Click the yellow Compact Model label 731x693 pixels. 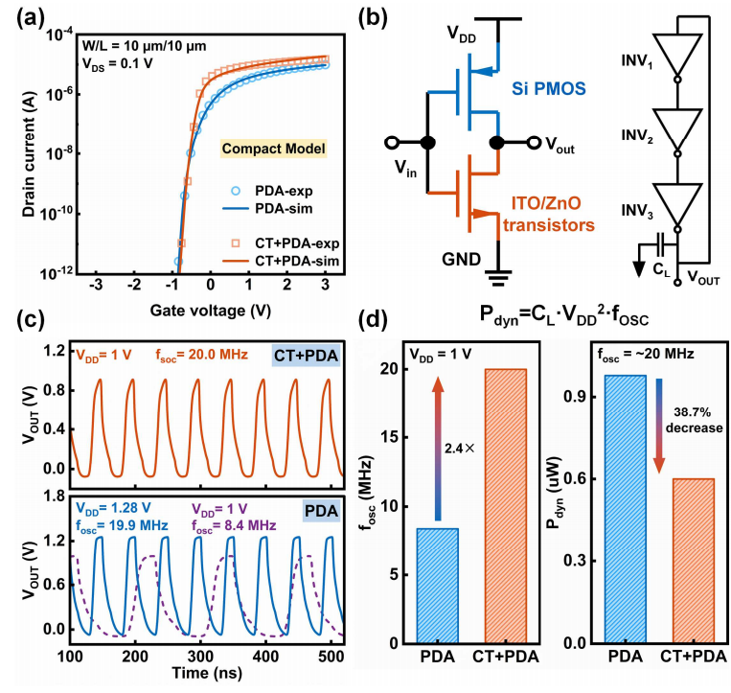click(273, 149)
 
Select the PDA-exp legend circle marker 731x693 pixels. click(236, 191)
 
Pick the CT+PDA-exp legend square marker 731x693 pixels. click(236, 243)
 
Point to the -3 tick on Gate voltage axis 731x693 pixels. click(96, 285)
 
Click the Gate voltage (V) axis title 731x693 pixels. click(210, 311)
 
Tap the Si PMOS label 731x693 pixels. click(549, 88)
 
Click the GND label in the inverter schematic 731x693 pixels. click(461, 259)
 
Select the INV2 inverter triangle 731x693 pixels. click(677, 128)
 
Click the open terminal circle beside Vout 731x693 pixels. click(534, 142)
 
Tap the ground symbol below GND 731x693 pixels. click(498, 278)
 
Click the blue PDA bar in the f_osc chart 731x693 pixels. click(437, 586)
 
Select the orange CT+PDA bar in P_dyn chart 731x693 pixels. click(694, 561)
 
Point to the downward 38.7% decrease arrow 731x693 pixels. click(659, 426)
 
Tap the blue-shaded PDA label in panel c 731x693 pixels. click(321, 511)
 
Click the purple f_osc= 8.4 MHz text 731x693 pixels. click(234, 525)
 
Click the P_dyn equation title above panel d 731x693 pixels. click(563, 315)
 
